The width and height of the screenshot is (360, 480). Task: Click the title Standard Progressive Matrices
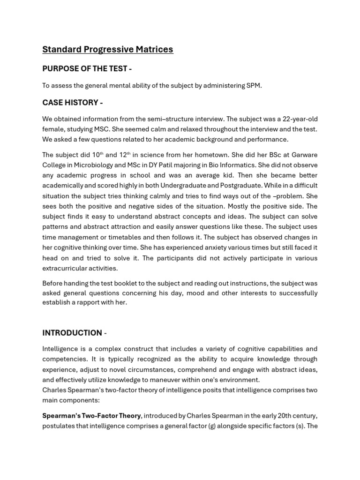click(x=108, y=49)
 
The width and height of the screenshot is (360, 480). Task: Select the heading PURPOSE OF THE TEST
click(x=87, y=68)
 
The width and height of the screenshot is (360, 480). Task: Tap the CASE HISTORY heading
click(x=72, y=102)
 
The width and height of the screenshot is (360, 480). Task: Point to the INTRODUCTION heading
click(x=72, y=333)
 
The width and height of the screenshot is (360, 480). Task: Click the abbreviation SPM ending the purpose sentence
click(x=253, y=85)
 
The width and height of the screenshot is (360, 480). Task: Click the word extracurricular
click(x=66, y=268)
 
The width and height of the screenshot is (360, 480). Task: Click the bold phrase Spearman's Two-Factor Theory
click(x=91, y=416)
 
